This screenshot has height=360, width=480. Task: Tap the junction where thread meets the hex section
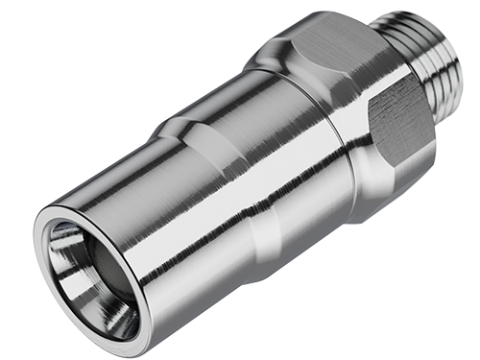point(389,43)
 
